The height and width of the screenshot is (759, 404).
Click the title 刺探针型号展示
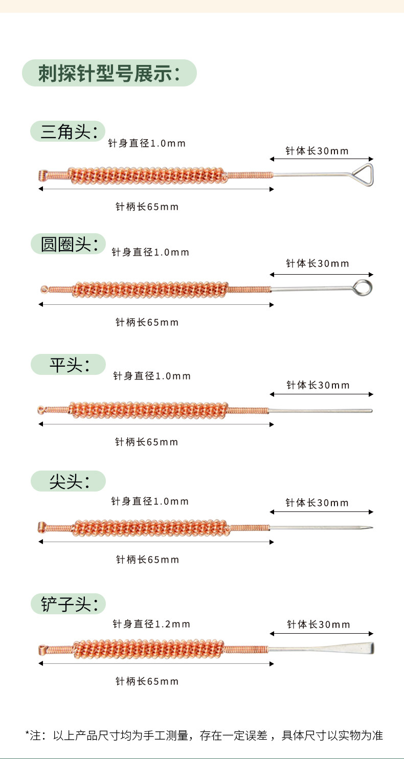pos(109,73)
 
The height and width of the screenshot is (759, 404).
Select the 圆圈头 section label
pos(69,244)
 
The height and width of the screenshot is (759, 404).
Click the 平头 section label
pos(70,365)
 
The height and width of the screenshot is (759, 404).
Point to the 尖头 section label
pos(70,481)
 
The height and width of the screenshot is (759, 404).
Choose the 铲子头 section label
pos(69,604)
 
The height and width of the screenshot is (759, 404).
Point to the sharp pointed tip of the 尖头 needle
pos(372,528)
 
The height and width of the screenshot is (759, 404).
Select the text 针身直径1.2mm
pos(151,624)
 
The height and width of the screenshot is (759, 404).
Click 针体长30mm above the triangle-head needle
pos(317,151)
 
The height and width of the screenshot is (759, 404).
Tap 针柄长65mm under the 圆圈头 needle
pos(147,322)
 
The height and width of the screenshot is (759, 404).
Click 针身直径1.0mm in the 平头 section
pos(152,376)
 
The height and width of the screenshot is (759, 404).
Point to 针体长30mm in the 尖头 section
pos(317,503)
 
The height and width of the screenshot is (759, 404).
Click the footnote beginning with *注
pos(204,735)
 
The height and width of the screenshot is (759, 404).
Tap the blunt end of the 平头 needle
pos(371,411)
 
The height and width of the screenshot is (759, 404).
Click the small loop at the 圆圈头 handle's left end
pos(44,289)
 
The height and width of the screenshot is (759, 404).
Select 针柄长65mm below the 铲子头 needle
pos(147,681)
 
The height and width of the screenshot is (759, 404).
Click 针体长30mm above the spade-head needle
pos(318,624)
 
